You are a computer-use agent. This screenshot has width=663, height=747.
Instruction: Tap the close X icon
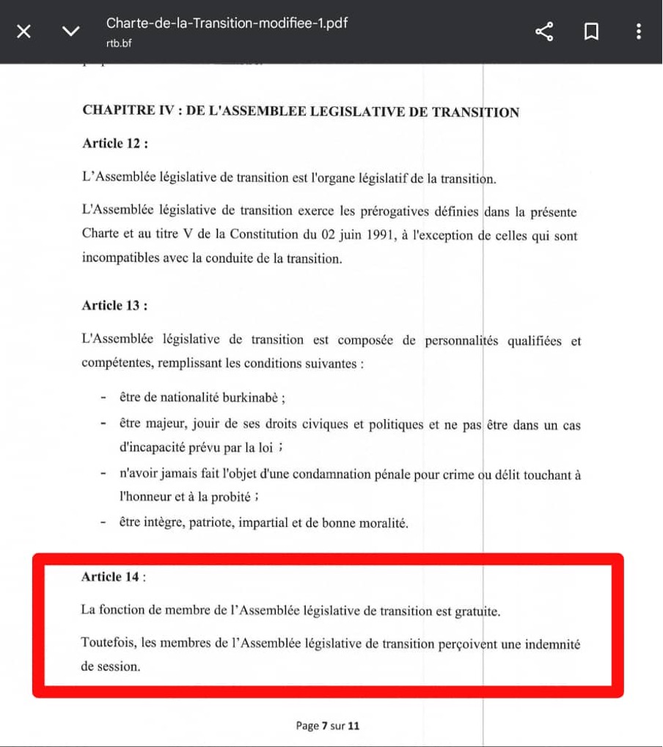click(x=23, y=32)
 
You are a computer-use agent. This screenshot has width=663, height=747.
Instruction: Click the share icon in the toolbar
click(x=544, y=32)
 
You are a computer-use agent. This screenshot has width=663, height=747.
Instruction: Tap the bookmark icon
click(x=591, y=32)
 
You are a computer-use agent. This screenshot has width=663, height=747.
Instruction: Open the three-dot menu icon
click(x=639, y=32)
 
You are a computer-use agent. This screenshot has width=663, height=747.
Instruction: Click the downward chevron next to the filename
click(x=70, y=32)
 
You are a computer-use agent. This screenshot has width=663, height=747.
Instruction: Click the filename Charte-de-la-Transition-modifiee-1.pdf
click(x=227, y=23)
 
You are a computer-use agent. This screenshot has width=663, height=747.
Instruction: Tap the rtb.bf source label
click(x=119, y=43)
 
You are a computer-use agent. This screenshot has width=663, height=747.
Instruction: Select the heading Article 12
click(x=115, y=144)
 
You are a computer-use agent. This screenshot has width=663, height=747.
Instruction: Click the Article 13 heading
click(x=115, y=305)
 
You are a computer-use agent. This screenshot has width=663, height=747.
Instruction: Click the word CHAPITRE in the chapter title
click(x=117, y=112)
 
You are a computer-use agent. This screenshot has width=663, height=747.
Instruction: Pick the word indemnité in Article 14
click(x=550, y=644)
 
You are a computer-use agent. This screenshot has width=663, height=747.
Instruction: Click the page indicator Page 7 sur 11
click(x=328, y=726)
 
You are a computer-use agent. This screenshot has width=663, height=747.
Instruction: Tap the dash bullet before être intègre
click(x=104, y=523)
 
